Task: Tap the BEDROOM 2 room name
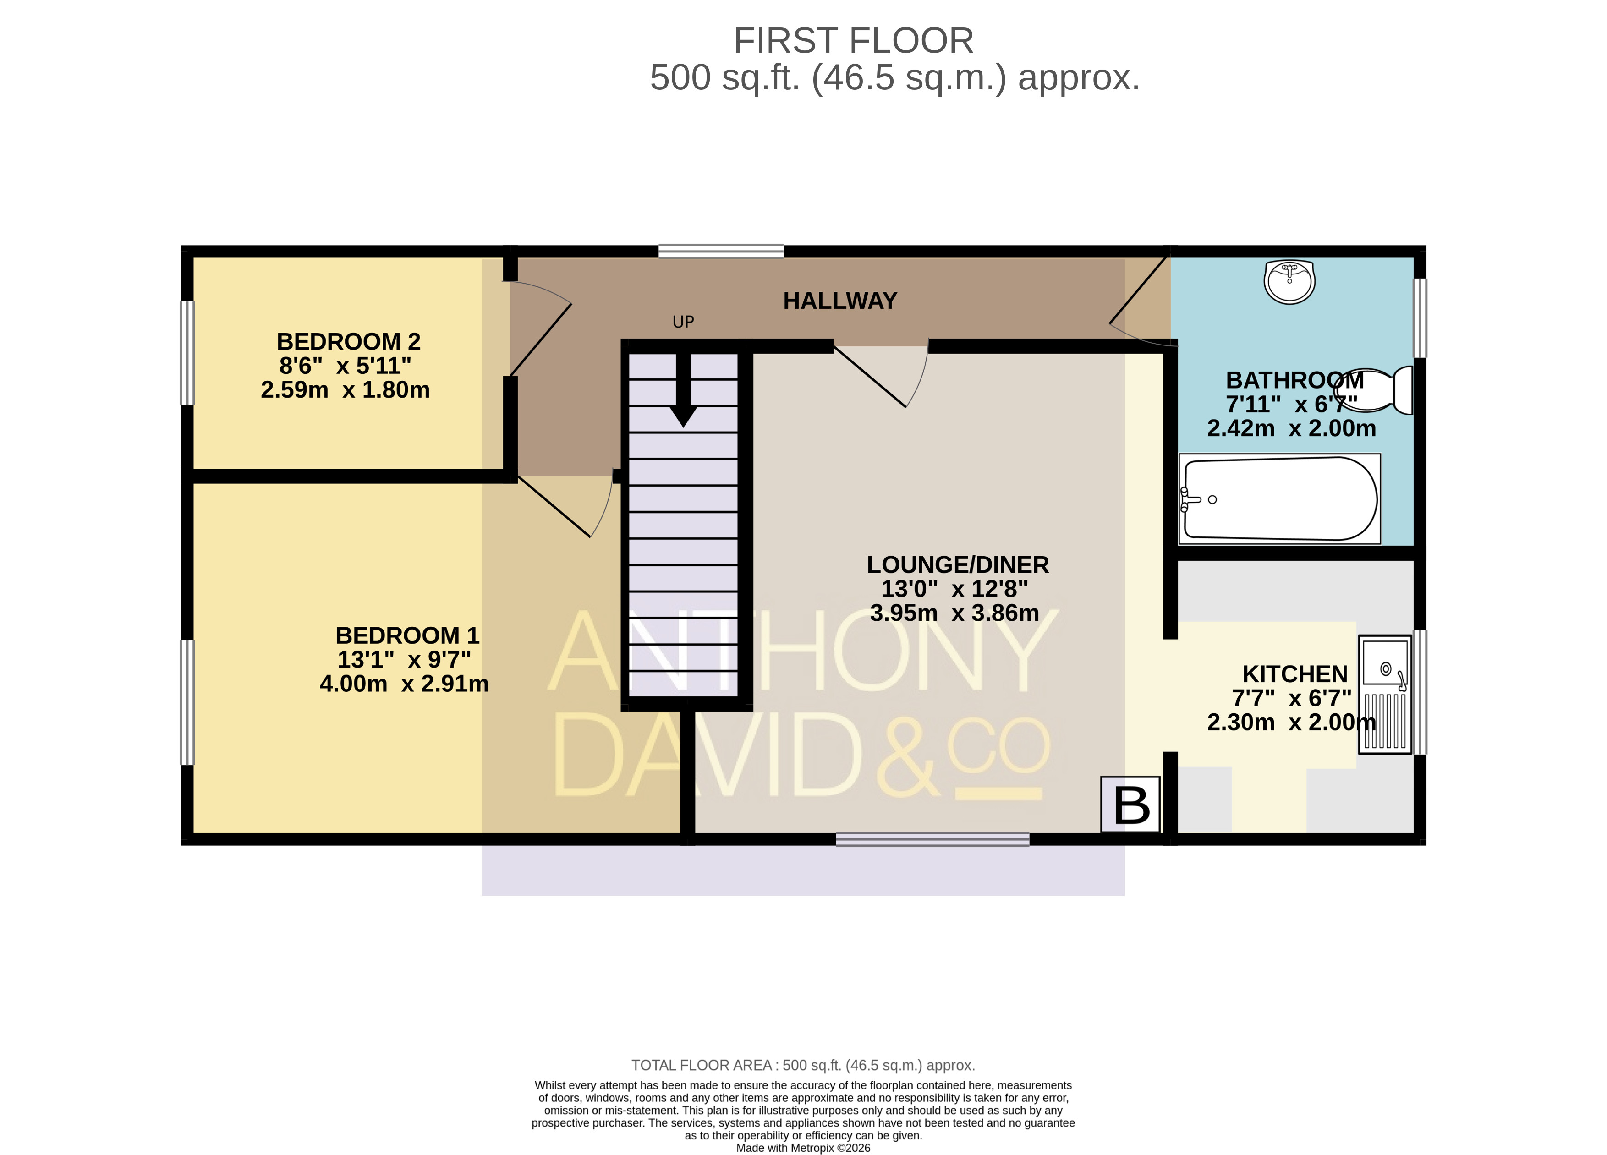(x=349, y=341)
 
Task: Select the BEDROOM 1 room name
(x=407, y=635)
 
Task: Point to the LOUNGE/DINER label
(x=958, y=565)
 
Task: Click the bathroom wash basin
(x=1289, y=281)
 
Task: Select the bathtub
(x=1280, y=499)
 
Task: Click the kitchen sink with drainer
(x=1384, y=694)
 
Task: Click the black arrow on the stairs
(x=683, y=390)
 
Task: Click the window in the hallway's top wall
(x=721, y=251)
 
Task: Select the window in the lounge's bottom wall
(x=932, y=839)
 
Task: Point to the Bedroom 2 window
(x=187, y=353)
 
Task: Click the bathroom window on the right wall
(x=1420, y=318)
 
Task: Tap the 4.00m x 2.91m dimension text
(x=404, y=684)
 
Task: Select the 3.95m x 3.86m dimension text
(x=954, y=613)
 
